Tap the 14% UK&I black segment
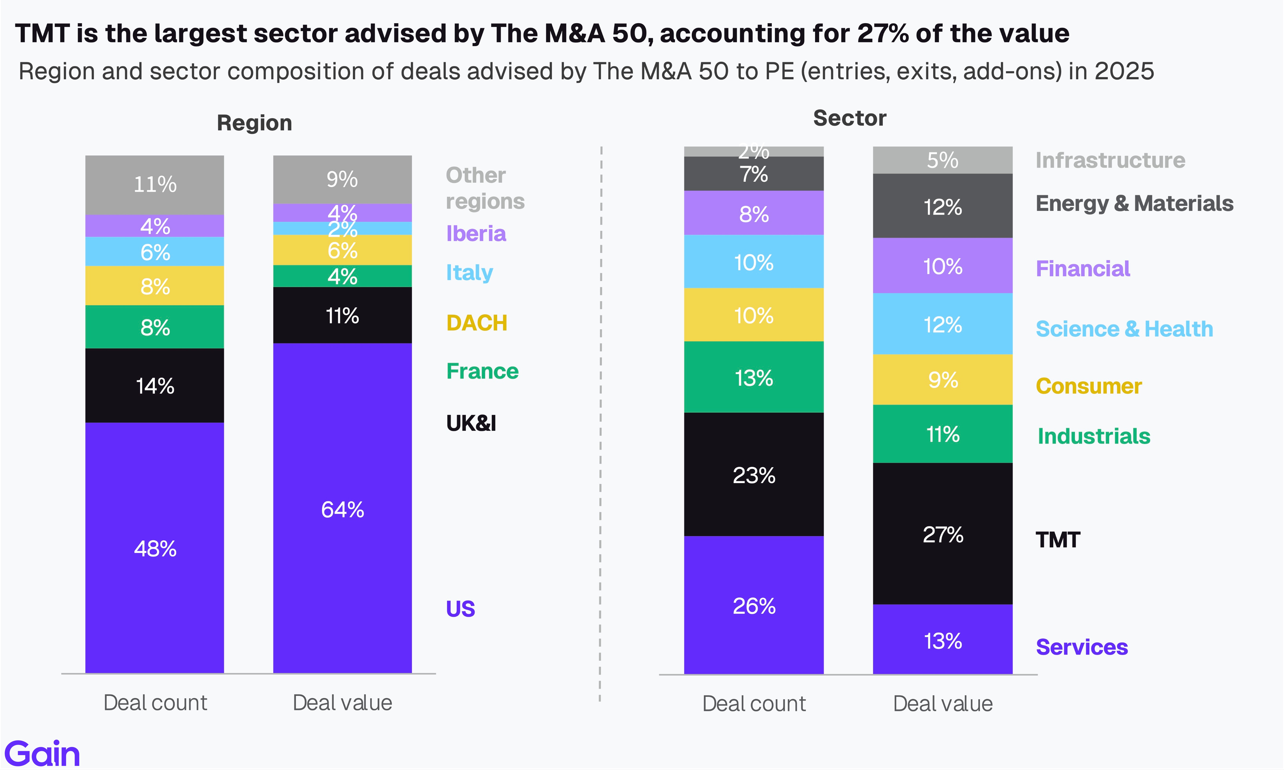tap(155, 386)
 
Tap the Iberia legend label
tap(476, 234)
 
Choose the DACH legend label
tap(476, 323)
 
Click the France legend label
tap(482, 371)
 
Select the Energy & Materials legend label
tap(1134, 203)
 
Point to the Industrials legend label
tap(1094, 436)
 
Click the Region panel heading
tap(254, 123)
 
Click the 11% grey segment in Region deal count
tap(155, 184)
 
